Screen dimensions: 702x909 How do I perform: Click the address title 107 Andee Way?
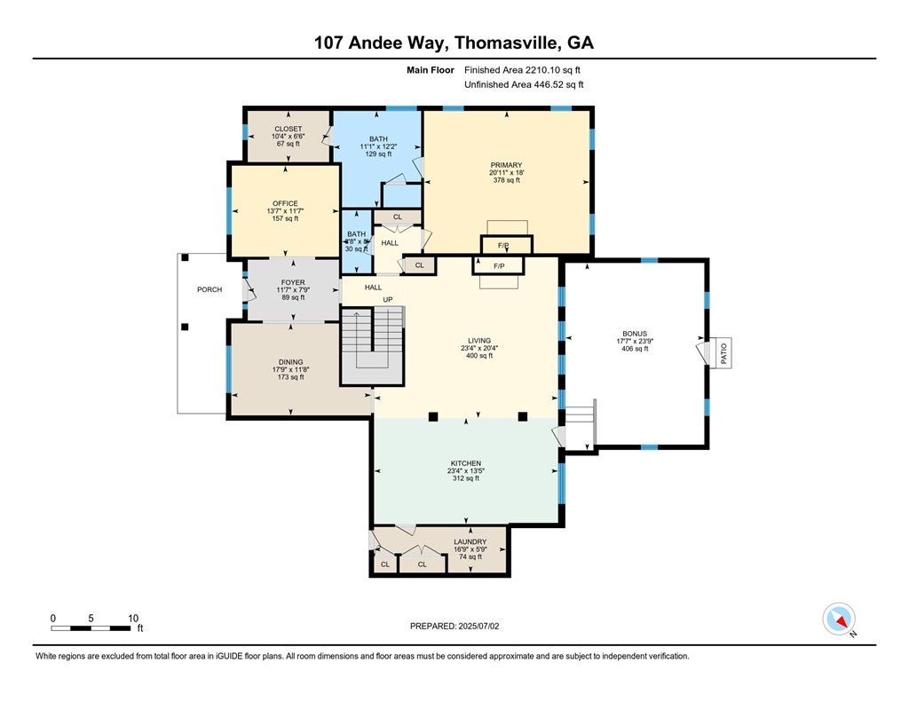tap(454, 43)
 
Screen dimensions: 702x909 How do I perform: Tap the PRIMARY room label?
tap(506, 165)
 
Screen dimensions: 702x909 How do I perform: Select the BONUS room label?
tap(634, 334)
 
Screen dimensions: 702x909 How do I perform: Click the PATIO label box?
tap(723, 352)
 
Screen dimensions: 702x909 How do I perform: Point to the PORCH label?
tap(209, 289)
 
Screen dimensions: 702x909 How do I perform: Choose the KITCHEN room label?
tap(465, 463)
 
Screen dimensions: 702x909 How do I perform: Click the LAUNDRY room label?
tap(470, 541)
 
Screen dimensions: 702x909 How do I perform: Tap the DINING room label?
tap(290, 362)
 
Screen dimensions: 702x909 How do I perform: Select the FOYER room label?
tap(292, 283)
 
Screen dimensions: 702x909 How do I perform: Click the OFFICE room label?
tap(285, 203)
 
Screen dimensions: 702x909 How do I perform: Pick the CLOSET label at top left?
tap(287, 129)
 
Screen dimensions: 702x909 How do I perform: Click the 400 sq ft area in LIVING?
tap(478, 355)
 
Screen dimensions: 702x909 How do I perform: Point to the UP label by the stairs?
tap(387, 300)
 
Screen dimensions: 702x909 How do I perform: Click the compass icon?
tap(839, 618)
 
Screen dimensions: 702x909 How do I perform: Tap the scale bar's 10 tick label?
tap(132, 619)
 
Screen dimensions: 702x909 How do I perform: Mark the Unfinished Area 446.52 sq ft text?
tap(524, 84)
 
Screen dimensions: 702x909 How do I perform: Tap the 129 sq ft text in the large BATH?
tap(379, 154)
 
